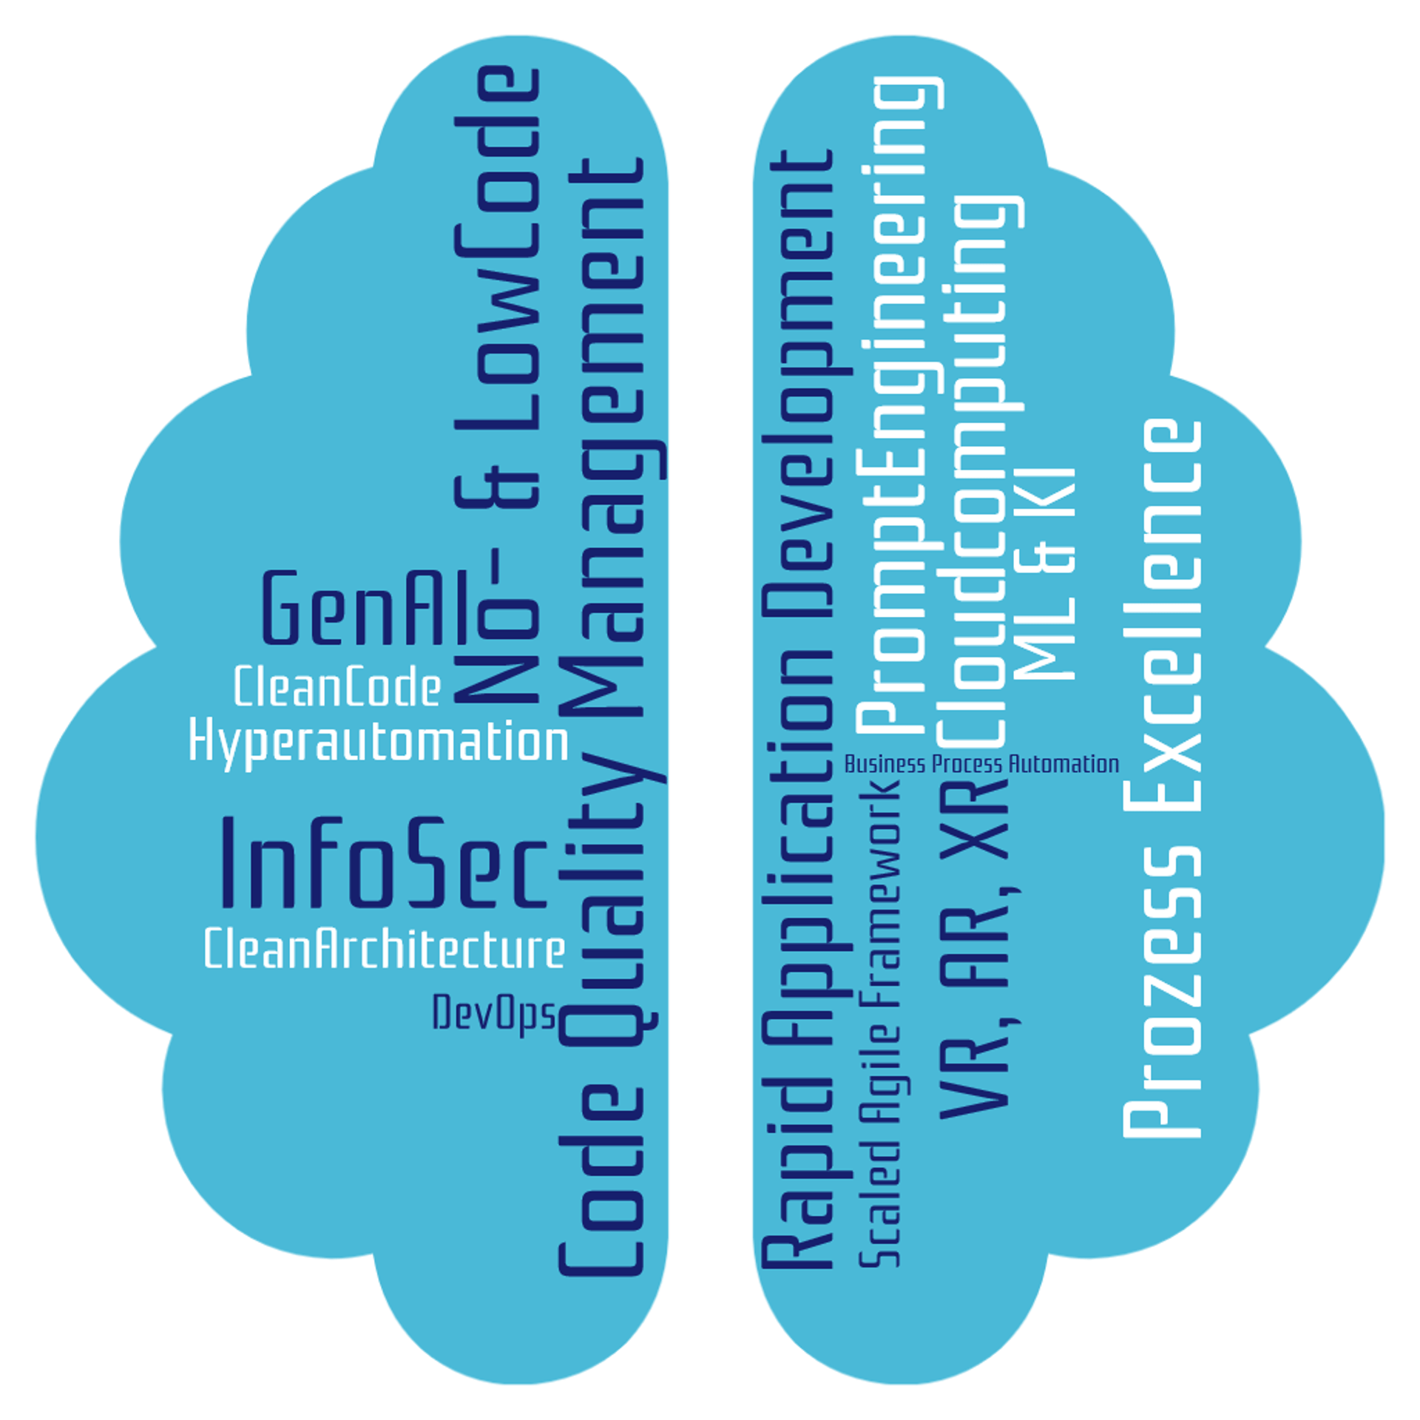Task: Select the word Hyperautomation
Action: point(379,742)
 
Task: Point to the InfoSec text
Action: point(385,862)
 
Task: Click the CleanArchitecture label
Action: point(385,949)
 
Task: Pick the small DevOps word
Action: point(493,1013)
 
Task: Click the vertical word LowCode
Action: point(497,251)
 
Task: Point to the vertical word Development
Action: point(795,385)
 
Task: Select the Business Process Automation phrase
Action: point(981,764)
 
